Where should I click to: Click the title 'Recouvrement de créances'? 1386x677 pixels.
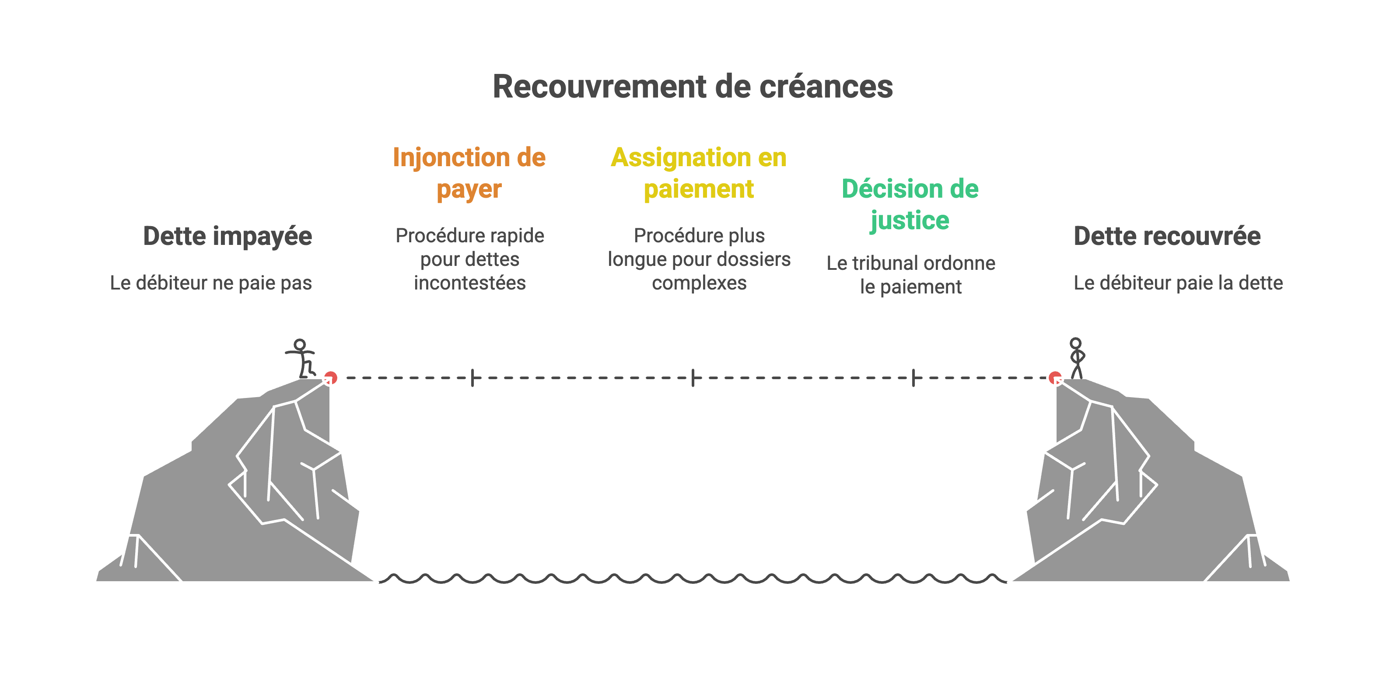(x=693, y=87)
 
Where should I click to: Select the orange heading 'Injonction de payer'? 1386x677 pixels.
(x=469, y=173)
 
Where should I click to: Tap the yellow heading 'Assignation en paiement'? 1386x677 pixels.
(x=698, y=173)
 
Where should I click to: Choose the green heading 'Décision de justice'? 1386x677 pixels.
(x=910, y=204)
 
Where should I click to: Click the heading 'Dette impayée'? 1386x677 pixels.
(x=227, y=236)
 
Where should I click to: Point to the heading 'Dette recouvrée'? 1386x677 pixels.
(x=1167, y=236)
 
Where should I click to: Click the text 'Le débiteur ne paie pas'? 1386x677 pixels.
(x=211, y=283)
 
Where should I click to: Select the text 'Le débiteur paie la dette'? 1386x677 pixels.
(x=1178, y=283)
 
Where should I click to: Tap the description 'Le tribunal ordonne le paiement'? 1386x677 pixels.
(x=910, y=275)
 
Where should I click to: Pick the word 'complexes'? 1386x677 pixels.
(x=699, y=283)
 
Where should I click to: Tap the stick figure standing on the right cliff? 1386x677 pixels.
(x=1076, y=358)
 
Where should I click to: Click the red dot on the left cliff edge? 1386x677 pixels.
(x=330, y=377)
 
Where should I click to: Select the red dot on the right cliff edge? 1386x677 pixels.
(x=1055, y=377)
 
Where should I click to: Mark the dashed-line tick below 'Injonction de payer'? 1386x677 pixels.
(x=472, y=377)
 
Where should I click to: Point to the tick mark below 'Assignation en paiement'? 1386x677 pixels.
(x=693, y=377)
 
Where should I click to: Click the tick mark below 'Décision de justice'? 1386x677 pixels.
(x=913, y=377)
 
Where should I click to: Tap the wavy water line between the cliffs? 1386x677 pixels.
(x=693, y=579)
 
